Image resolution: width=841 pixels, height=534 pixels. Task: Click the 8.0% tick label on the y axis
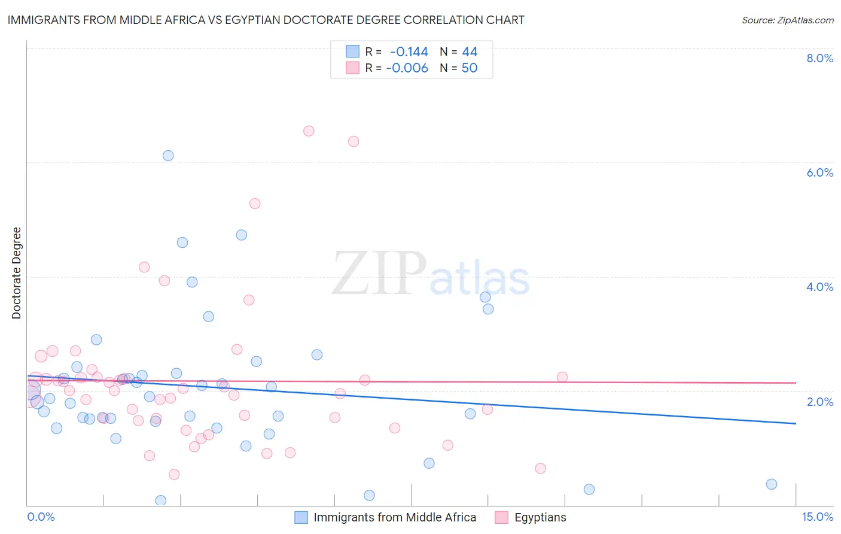(x=819, y=58)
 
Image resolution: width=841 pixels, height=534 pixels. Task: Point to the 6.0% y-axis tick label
(x=819, y=172)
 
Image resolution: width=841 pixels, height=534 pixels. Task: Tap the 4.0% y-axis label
(x=819, y=287)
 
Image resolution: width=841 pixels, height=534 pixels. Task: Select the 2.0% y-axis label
(x=819, y=401)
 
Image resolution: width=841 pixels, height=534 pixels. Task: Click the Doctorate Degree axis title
(x=16, y=273)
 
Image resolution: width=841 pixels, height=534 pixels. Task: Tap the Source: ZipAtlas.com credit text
(x=787, y=20)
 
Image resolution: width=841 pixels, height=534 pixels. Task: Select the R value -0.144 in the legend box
(x=409, y=52)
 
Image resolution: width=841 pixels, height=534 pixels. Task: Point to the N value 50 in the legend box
(x=470, y=68)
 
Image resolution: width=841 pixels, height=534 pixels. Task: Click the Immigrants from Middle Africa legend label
(x=395, y=518)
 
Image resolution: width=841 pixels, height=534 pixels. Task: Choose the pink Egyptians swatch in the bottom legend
(x=502, y=518)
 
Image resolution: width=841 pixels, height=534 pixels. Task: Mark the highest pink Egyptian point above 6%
(x=309, y=131)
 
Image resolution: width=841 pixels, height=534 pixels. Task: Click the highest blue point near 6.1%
(x=168, y=156)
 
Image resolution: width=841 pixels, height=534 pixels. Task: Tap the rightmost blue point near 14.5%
(x=772, y=484)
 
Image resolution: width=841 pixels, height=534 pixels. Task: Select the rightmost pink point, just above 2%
(x=562, y=377)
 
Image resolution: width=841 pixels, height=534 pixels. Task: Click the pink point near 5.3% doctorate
(x=255, y=204)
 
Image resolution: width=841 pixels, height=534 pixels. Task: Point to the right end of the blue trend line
(x=796, y=423)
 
